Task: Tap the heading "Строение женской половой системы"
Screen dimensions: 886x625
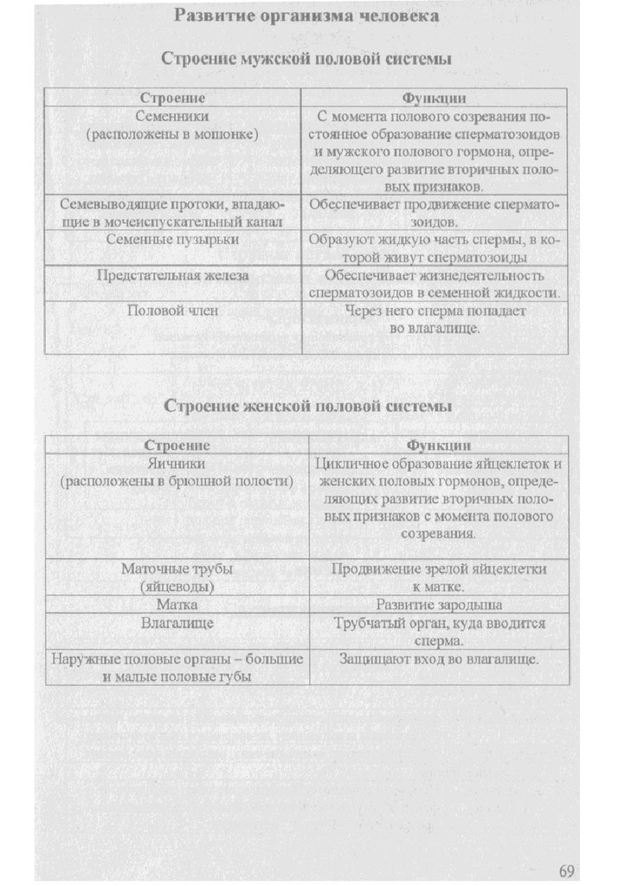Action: coord(307,406)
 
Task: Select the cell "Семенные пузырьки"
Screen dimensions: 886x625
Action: coord(172,240)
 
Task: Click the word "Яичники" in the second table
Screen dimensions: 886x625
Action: coord(177,463)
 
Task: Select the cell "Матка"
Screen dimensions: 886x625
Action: coord(177,604)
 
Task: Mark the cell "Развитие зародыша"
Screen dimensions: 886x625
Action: coord(439,604)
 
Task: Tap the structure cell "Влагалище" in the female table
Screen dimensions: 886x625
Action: coord(177,622)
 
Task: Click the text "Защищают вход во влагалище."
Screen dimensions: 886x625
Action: coord(439,659)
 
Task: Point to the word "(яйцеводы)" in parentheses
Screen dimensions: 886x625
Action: coord(177,586)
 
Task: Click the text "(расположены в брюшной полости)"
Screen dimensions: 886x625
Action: coord(177,480)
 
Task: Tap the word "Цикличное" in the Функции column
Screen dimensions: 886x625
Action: coord(351,464)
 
